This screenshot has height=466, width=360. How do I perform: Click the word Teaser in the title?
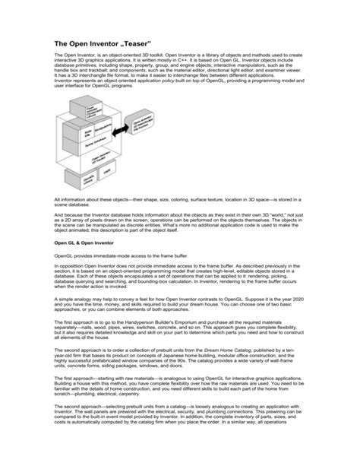pos(135,45)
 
